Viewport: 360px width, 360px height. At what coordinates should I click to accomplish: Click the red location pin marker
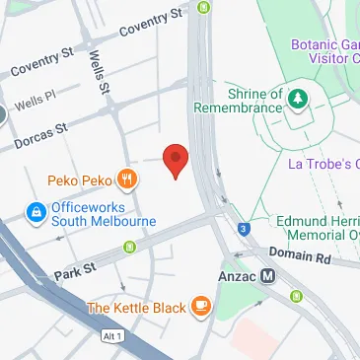click(175, 159)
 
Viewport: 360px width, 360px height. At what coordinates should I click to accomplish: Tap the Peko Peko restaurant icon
click(126, 180)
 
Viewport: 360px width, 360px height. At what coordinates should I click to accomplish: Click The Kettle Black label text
click(136, 309)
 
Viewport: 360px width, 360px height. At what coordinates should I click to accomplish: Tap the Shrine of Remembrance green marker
click(297, 98)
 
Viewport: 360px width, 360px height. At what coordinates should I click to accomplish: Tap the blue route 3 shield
click(243, 231)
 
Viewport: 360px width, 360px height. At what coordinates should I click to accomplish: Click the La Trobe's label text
click(322, 163)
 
